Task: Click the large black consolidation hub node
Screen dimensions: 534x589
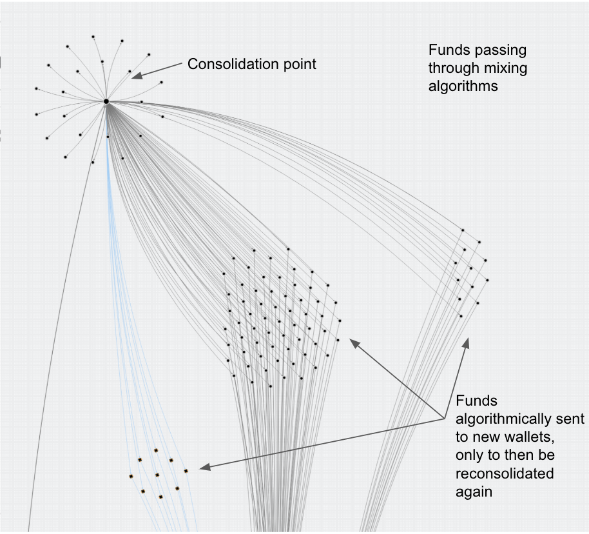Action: [x=106, y=101]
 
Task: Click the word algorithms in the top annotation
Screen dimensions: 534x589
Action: [x=463, y=86]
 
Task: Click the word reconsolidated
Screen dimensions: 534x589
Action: [x=505, y=473]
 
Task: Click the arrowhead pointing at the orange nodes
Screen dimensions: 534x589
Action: [x=202, y=468]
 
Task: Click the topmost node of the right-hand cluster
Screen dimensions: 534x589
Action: [x=463, y=229]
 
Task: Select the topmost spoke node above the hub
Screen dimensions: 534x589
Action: [x=93, y=37]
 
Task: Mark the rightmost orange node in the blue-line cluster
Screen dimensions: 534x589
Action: [x=186, y=471]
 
